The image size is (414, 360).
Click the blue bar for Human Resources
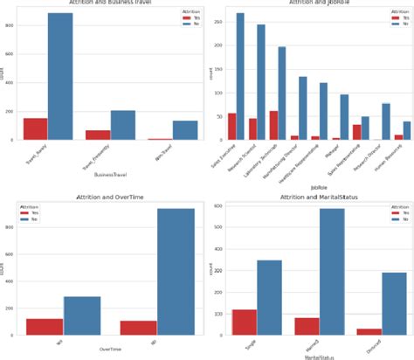click(406, 130)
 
